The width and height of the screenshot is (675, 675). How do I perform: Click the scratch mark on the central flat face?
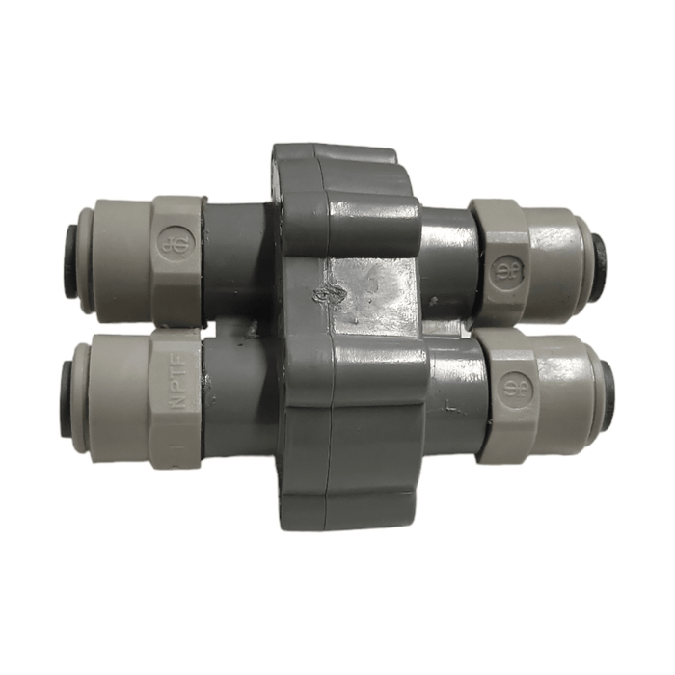point(335,292)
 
